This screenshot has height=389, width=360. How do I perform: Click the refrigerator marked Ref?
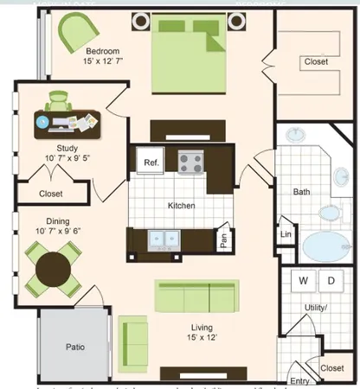[150, 162]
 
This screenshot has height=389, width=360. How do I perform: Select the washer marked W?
[304, 281]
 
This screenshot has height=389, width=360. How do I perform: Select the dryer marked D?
[331, 281]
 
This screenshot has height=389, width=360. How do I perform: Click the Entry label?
[299, 381]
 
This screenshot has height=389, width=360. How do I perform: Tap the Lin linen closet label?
[286, 234]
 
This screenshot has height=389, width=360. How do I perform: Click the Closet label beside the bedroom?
[316, 62]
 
